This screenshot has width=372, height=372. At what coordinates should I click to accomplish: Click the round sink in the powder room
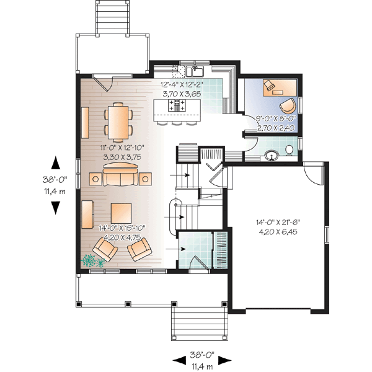click(271, 155)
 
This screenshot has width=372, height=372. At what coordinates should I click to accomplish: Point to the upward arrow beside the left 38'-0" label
click(55, 163)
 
